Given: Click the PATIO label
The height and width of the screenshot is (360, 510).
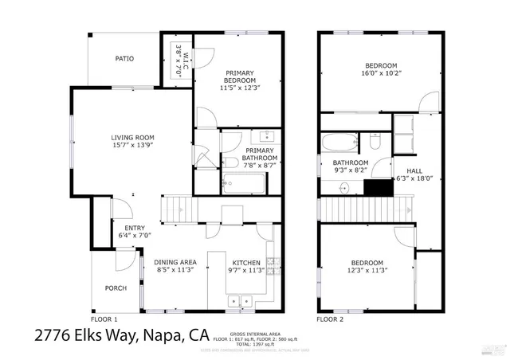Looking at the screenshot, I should click(x=124, y=59).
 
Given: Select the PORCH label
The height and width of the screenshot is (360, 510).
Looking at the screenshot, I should click(x=116, y=288).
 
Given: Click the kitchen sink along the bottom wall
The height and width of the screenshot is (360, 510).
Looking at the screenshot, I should click(x=239, y=302).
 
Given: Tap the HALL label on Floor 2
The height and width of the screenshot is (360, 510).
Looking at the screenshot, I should click(x=414, y=170).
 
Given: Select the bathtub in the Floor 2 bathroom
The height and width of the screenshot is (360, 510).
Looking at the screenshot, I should click(x=340, y=144).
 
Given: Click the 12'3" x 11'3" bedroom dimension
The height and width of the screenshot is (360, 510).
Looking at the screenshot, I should click(x=367, y=271).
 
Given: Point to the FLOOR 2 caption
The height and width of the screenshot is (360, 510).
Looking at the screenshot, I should click(x=330, y=319).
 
